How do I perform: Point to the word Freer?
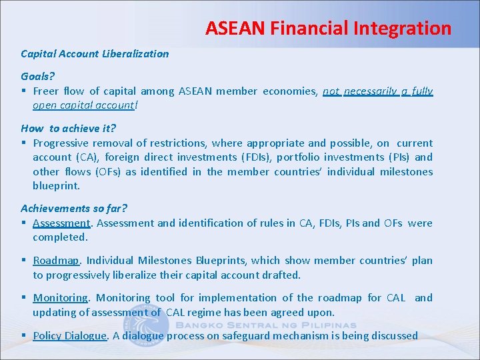(46, 91)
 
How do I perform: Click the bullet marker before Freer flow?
(23, 91)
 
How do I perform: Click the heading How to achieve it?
(68, 129)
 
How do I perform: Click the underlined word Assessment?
(61, 223)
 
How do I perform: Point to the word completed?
(60, 237)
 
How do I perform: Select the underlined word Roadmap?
(56, 261)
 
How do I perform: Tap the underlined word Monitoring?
(60, 298)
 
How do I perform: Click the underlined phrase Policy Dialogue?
(69, 336)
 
